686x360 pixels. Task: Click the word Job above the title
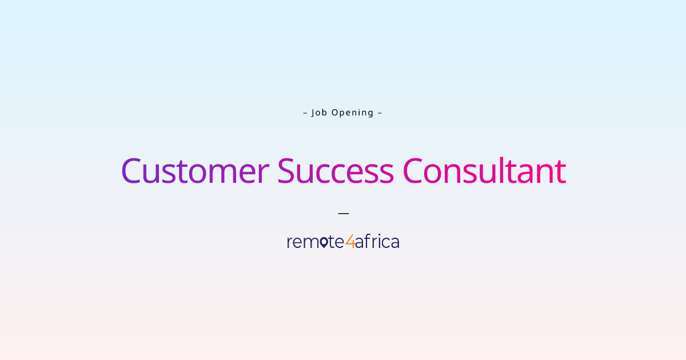pos(319,113)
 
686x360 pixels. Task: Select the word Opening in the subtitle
pos(353,113)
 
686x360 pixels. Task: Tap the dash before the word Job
pos(305,113)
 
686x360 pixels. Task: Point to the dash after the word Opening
pos(380,113)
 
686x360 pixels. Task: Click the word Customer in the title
pos(195,171)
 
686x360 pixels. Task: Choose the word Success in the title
pos(336,171)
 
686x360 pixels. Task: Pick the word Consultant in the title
pos(484,171)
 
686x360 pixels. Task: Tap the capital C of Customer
pos(131,171)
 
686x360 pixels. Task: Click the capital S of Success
pos(286,171)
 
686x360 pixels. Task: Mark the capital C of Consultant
pos(413,171)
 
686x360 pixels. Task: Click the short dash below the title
pos(343,213)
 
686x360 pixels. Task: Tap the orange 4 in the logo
pos(350,242)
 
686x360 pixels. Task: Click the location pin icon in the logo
pos(324,242)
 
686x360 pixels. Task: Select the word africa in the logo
pos(377,242)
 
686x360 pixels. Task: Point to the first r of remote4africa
pos(289,243)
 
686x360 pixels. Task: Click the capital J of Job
pos(313,113)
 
